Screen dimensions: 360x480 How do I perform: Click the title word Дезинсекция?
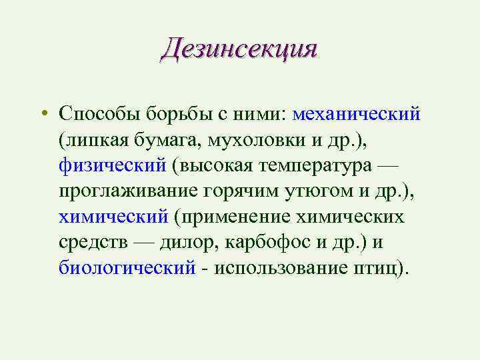(x=239, y=49)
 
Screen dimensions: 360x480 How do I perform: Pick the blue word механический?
(x=356, y=113)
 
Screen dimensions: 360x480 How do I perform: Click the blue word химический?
(x=113, y=217)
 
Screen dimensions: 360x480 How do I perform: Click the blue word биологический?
(x=127, y=268)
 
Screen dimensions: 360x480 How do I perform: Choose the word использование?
(x=292, y=268)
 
